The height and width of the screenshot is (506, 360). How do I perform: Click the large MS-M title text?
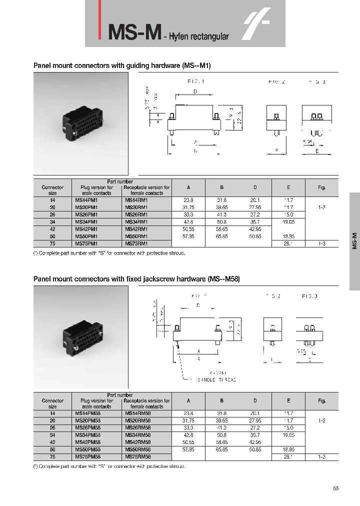(134, 31)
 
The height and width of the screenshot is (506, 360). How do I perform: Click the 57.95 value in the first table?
(188, 236)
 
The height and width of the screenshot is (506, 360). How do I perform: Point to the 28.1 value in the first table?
(288, 243)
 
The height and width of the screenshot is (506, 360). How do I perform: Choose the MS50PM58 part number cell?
(87, 449)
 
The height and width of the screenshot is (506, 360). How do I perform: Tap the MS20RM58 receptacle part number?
(137, 421)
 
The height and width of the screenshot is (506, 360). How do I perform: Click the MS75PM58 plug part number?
(87, 456)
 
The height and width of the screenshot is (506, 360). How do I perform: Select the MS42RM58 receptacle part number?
(137, 442)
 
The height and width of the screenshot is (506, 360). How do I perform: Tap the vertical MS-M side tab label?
(354, 241)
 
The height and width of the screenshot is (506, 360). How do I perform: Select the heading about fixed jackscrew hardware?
(136, 278)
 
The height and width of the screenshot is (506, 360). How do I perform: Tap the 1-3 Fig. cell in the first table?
(321, 243)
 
